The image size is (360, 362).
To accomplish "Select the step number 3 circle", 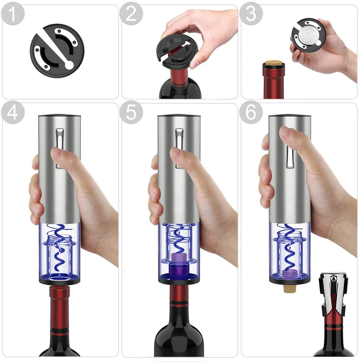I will (251, 14).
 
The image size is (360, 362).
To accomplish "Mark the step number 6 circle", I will (251, 112).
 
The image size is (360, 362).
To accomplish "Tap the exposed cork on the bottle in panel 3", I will (273, 64).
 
